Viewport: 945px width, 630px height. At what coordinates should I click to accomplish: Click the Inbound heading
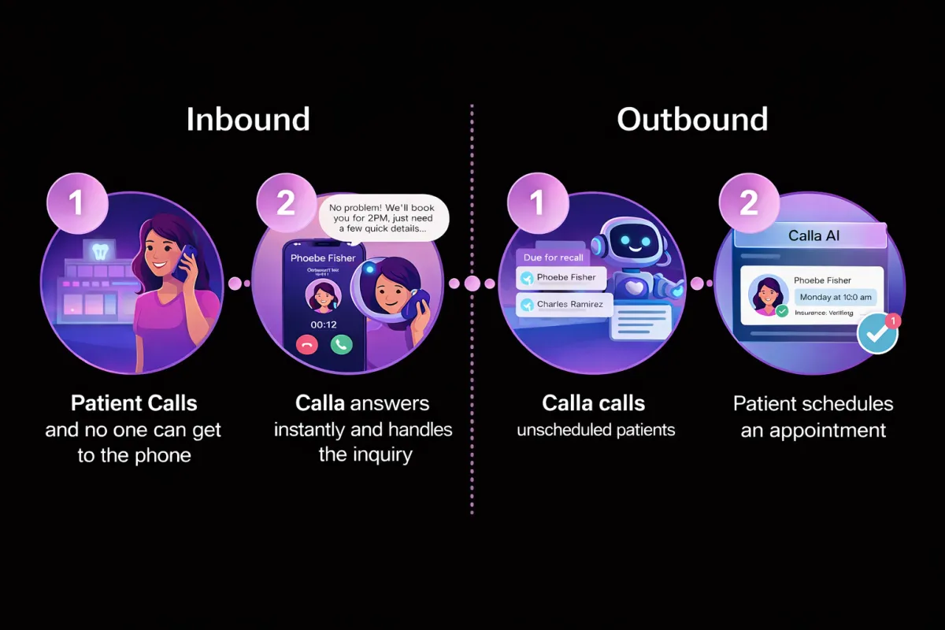click(x=248, y=120)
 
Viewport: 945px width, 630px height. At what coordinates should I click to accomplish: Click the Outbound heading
click(x=692, y=120)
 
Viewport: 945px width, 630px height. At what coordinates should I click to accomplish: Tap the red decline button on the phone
click(x=306, y=344)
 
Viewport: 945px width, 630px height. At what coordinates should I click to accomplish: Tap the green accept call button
click(x=341, y=344)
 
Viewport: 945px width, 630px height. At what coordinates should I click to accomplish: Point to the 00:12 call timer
click(x=323, y=324)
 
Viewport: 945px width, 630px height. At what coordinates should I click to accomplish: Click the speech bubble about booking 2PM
click(x=384, y=214)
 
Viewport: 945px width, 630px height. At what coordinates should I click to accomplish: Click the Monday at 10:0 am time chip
click(x=835, y=297)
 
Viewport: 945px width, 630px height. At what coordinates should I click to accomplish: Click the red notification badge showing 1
click(x=892, y=321)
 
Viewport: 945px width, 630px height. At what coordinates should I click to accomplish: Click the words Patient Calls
click(x=134, y=404)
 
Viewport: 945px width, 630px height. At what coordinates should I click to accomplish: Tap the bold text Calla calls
click(x=594, y=404)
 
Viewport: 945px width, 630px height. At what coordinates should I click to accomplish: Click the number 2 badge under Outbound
click(x=748, y=203)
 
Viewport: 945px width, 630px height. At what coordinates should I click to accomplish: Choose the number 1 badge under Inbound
click(x=76, y=203)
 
